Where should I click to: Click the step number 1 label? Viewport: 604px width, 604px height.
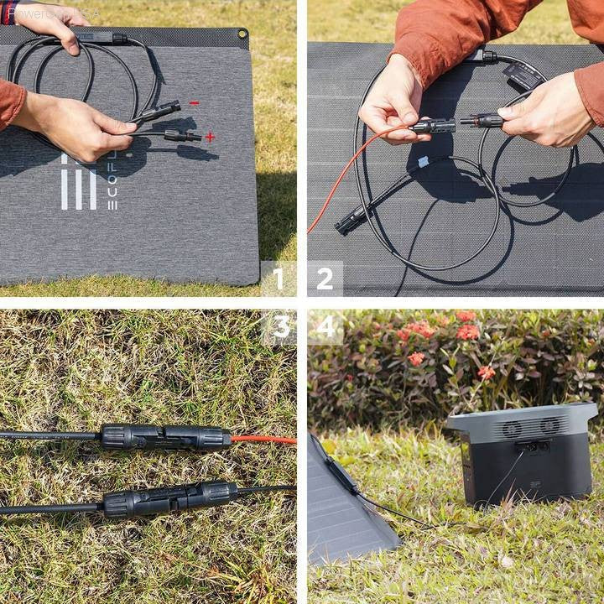point(279,279)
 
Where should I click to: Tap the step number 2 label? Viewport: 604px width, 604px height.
point(325,279)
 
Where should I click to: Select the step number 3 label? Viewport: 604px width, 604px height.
point(281,327)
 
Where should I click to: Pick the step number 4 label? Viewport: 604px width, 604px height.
point(325,327)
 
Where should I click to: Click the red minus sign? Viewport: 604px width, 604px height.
point(194,103)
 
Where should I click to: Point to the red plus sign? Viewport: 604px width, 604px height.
point(209,137)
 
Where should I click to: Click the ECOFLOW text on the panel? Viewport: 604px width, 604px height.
point(113,180)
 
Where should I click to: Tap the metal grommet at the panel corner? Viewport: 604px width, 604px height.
point(242,34)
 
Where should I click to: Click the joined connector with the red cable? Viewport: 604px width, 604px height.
point(165,437)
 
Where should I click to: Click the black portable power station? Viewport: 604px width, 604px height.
point(524,457)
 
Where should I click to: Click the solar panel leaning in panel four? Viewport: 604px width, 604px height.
point(344,508)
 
